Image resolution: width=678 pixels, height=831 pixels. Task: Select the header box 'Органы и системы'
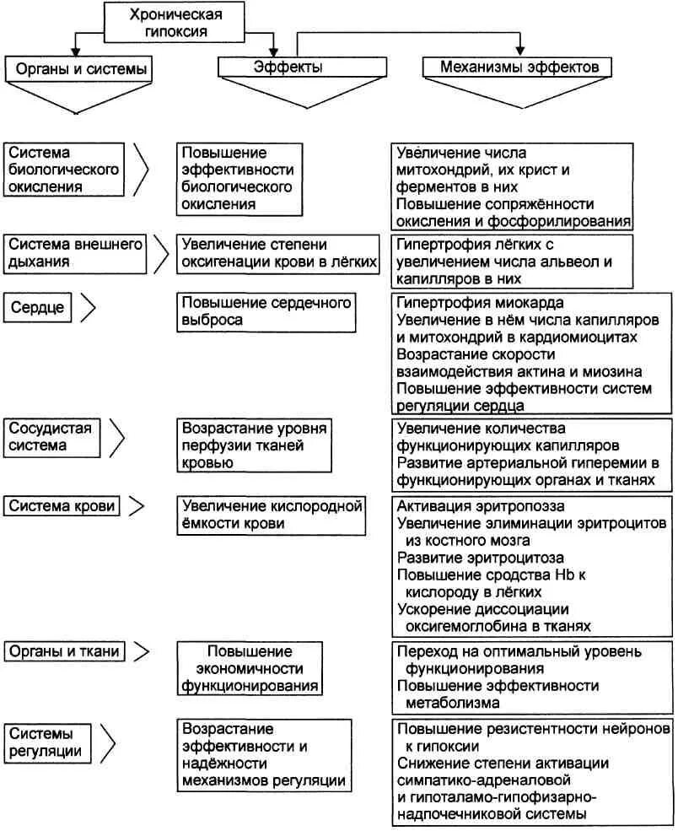[79, 69]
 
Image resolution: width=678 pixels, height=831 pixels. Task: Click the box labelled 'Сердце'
[38, 307]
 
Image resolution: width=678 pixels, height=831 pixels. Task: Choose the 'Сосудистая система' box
[50, 436]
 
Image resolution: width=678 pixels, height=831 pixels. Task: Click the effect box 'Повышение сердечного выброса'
[266, 311]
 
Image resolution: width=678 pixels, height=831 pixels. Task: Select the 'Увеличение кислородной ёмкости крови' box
[272, 515]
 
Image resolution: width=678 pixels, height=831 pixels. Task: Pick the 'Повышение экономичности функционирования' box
[250, 668]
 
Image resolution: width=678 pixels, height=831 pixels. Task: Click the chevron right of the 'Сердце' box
[87, 307]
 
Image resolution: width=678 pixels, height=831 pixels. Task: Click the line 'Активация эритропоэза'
[481, 506]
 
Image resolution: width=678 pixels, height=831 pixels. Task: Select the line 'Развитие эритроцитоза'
[480, 558]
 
